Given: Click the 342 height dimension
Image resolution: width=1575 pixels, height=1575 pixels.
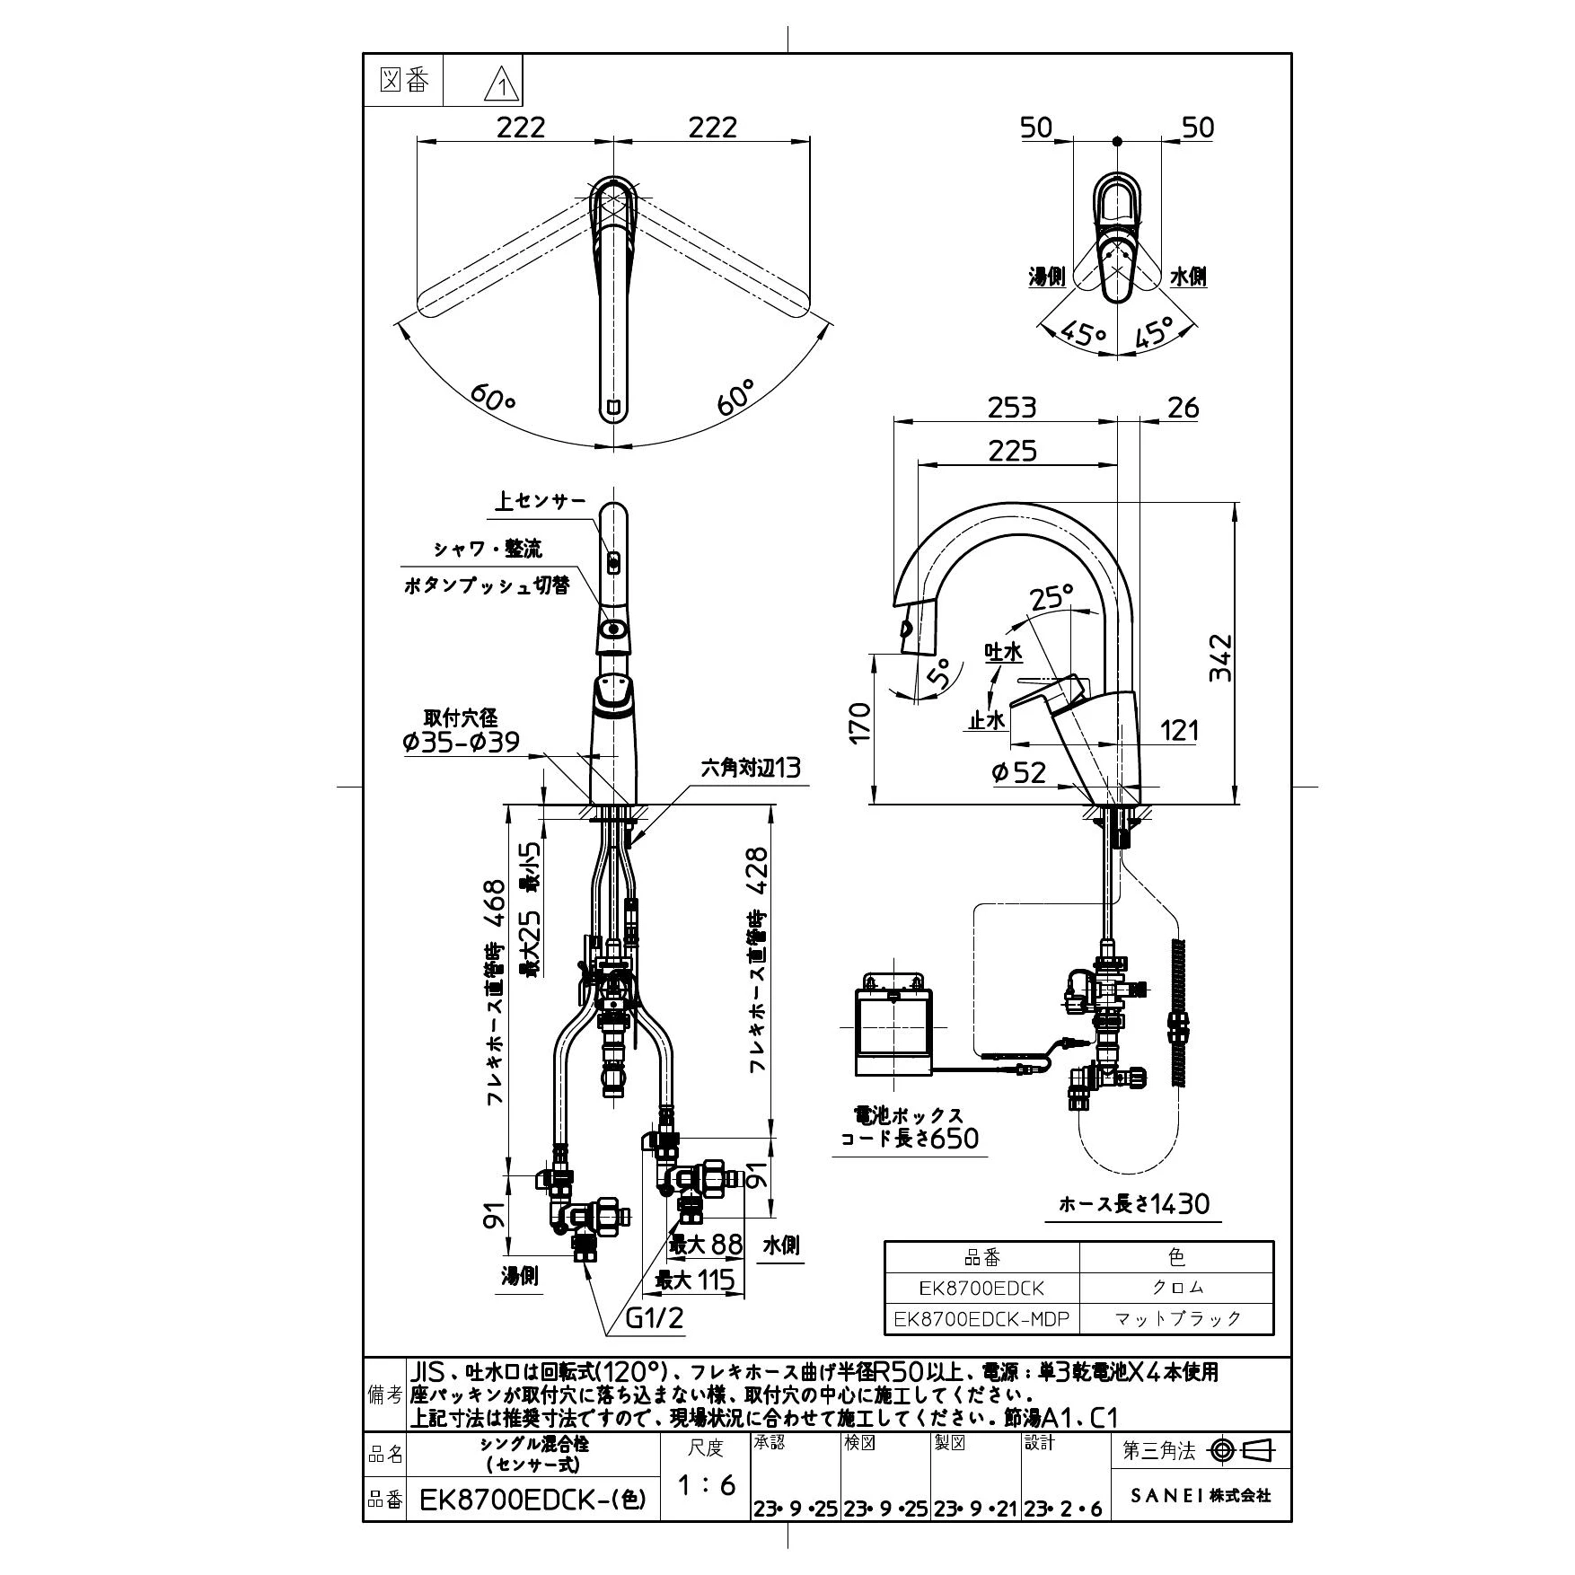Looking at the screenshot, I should [x=1220, y=658].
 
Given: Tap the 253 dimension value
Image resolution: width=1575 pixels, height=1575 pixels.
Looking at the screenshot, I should [x=1012, y=408].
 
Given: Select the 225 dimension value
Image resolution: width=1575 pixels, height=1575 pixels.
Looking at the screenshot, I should [x=1012, y=450].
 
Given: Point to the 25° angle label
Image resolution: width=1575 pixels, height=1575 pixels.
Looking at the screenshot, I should [x=1051, y=596].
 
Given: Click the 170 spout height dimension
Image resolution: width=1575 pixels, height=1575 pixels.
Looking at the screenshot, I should [x=859, y=722].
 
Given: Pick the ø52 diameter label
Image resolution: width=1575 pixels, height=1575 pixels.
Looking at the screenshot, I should [x=1019, y=772].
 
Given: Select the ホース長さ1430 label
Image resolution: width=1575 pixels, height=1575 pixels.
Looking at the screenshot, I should [x=1134, y=1203].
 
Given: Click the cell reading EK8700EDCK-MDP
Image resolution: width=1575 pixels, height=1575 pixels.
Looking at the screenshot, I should [x=981, y=1318].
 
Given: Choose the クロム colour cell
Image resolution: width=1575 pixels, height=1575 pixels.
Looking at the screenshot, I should [x=1177, y=1288].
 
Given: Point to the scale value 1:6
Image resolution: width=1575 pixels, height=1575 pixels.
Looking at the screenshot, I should [x=706, y=1485].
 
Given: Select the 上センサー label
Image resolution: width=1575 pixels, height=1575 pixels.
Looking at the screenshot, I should [x=540, y=501].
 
